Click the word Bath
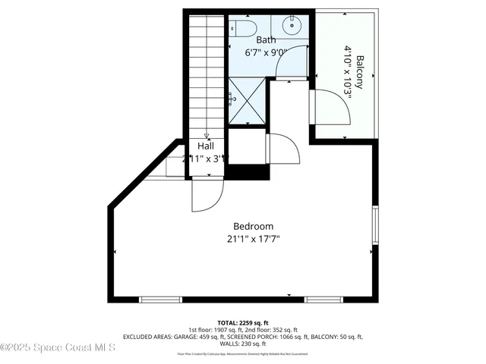coord(266,40)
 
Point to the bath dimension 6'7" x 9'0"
coord(266,53)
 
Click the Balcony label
coord(359,73)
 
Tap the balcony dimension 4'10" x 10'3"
coord(348,73)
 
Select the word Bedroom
coord(253,226)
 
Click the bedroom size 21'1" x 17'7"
coord(253,239)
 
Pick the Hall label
coord(206,146)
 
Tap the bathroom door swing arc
coord(292,64)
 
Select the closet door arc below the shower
coord(284,149)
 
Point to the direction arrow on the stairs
coord(206,135)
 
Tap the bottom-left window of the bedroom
coord(161,300)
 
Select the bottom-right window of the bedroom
coord(326,300)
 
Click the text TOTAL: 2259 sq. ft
coord(243,322)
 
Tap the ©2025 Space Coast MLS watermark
coord(58,348)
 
